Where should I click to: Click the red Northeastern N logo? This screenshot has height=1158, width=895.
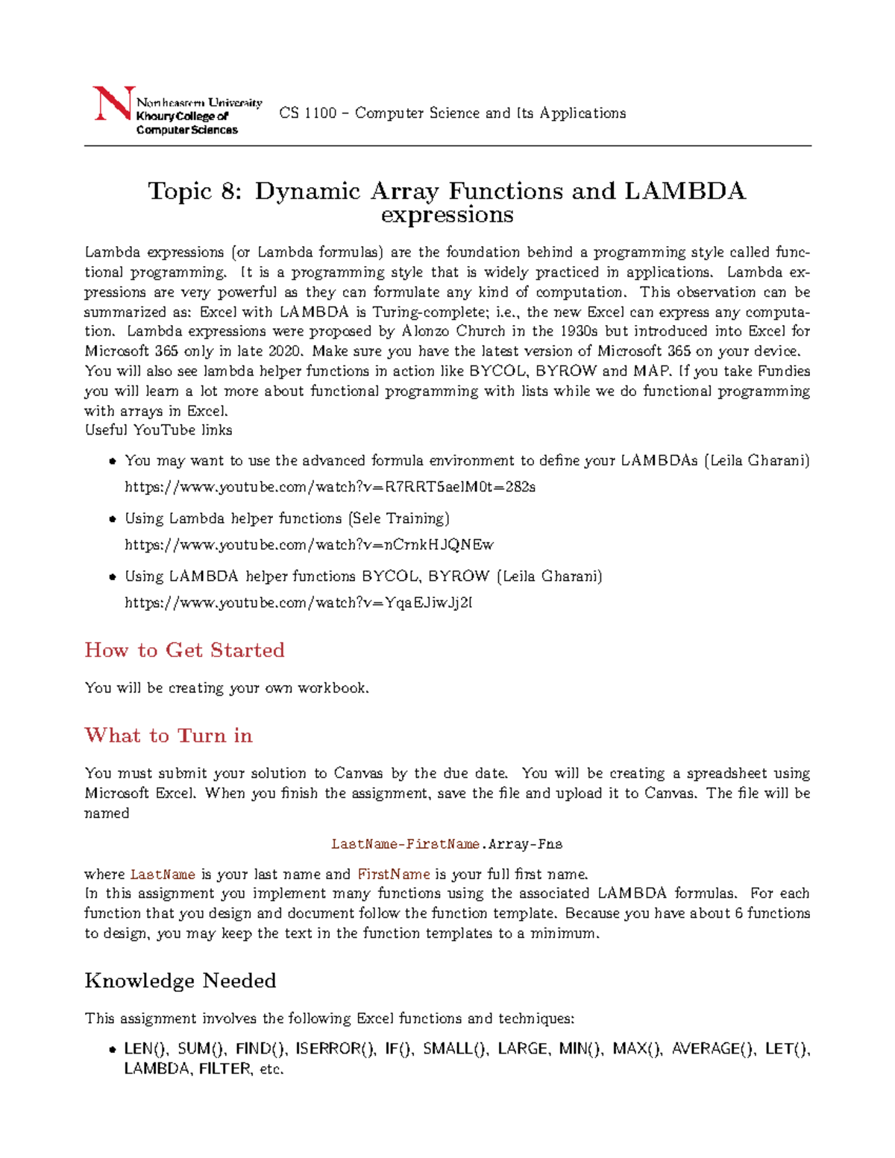tap(113, 104)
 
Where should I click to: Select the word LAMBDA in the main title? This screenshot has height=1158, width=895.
tap(685, 192)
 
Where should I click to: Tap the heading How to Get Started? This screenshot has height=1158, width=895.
tap(184, 650)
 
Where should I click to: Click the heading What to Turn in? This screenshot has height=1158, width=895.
tap(169, 736)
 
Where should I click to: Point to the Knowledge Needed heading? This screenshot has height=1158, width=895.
tap(180, 981)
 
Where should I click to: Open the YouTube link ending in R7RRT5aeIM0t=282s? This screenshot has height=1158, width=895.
tap(330, 488)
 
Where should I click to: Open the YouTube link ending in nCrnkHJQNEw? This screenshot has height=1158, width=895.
tap(309, 545)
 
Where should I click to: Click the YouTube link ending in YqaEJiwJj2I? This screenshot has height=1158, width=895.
tap(298, 602)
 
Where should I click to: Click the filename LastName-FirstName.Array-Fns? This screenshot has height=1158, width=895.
tap(446, 844)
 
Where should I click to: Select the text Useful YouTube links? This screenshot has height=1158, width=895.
tap(158, 430)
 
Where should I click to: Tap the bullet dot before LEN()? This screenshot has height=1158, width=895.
tap(112, 1050)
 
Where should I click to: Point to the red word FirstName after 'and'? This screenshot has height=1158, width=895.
tap(394, 875)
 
